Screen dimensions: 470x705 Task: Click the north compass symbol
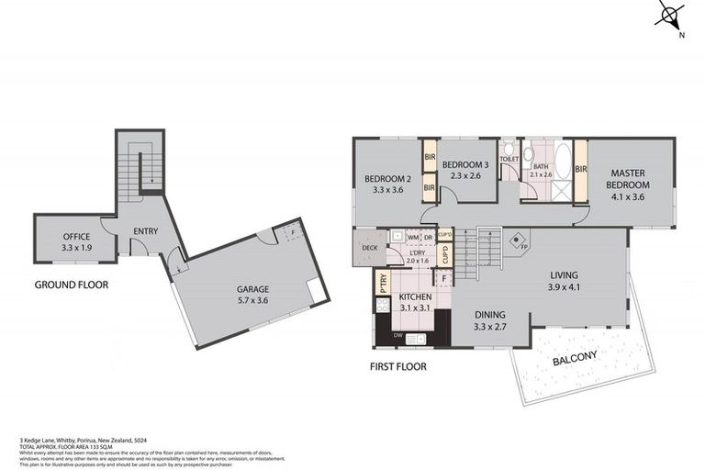coord(671,17)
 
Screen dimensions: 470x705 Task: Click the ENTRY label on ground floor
coord(146,230)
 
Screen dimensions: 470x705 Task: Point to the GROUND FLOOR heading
coord(71,285)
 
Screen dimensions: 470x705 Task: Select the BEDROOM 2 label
coord(386,179)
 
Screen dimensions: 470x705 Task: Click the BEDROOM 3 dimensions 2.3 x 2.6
coord(467,176)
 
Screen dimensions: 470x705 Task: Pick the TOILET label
coord(509,158)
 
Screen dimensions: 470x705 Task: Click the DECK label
coord(369,248)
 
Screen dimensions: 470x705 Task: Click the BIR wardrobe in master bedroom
coord(580,169)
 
